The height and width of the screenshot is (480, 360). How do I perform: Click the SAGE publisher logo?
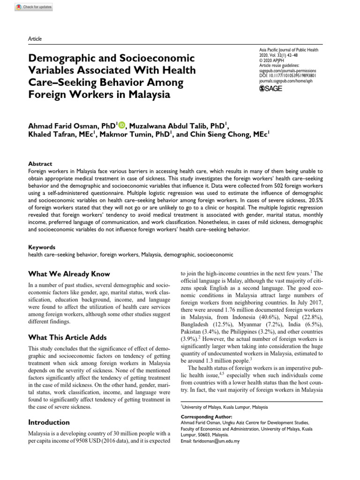tap(270, 89)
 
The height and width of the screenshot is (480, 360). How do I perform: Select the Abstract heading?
tap(41, 164)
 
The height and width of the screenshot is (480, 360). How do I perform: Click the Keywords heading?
tap(42, 247)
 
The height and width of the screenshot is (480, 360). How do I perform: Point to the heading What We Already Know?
tap(69, 274)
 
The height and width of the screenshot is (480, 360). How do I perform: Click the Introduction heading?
tap(49, 422)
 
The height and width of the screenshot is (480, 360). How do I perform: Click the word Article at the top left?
tap(35, 39)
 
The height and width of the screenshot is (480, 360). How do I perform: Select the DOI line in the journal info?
tap(287, 75)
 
